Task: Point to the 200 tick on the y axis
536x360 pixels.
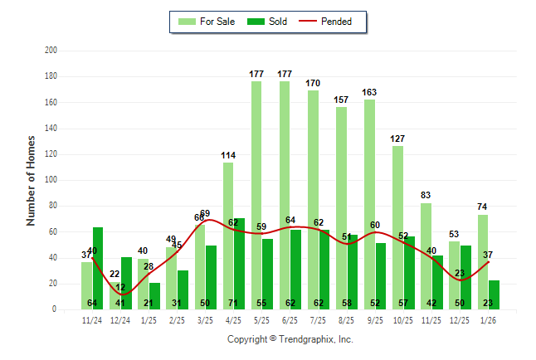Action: pos(51,51)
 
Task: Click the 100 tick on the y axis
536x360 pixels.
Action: pos(51,180)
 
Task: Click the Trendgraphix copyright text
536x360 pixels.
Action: pos(290,339)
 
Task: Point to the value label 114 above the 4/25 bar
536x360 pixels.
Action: pos(228,155)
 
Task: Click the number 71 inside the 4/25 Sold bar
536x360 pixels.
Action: pos(239,304)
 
